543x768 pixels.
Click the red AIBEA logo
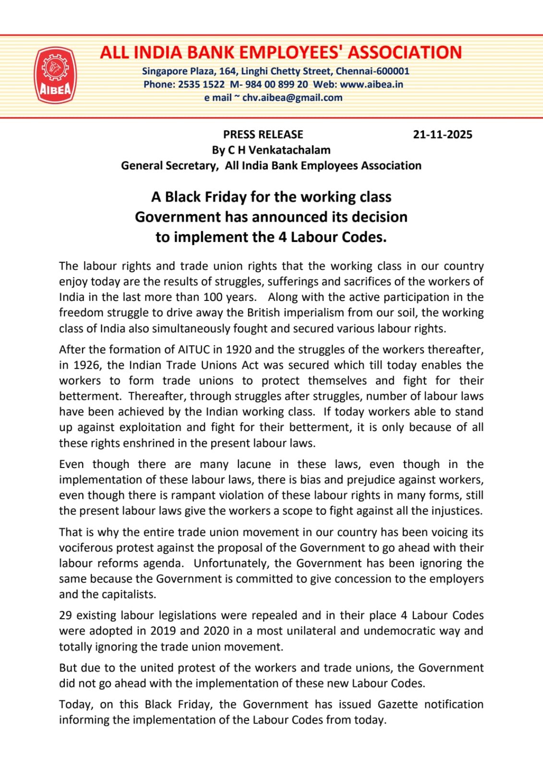click(x=55, y=75)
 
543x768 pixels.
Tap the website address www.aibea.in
click(x=371, y=84)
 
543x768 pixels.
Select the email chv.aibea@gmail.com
click(x=292, y=98)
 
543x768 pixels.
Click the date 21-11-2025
click(x=442, y=134)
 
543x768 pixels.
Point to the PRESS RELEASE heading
click(x=263, y=134)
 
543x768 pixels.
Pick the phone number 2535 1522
click(x=201, y=84)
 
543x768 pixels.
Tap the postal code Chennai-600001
click(x=373, y=72)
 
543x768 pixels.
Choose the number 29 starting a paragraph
click(x=66, y=615)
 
